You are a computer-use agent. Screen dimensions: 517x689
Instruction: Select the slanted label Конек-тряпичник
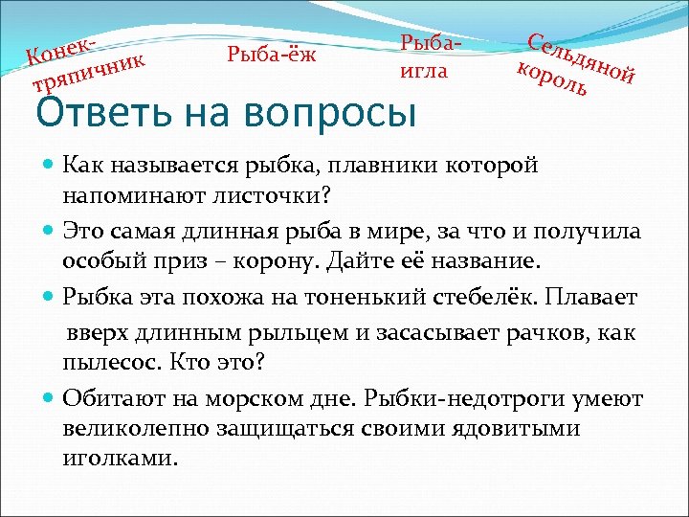click(85, 65)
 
